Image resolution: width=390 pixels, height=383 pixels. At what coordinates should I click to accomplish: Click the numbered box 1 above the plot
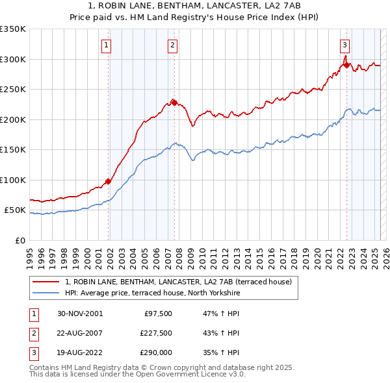(x=106, y=45)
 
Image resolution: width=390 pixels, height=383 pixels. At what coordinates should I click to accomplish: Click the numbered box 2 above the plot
(x=172, y=45)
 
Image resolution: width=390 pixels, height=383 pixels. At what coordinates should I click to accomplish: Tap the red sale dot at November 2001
(x=109, y=181)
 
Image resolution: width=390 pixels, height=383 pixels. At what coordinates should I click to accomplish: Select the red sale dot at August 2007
(x=174, y=102)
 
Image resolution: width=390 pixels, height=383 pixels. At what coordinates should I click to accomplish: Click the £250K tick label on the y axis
(x=13, y=90)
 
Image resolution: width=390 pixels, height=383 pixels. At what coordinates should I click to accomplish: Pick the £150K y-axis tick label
(x=13, y=150)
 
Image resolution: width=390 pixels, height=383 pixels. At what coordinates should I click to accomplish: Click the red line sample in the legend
(x=47, y=282)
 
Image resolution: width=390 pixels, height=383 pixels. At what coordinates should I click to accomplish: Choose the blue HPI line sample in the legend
(x=47, y=293)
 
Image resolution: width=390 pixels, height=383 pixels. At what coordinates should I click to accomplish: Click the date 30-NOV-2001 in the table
(x=80, y=314)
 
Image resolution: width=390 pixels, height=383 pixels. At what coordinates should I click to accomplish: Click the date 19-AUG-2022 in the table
(x=80, y=352)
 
